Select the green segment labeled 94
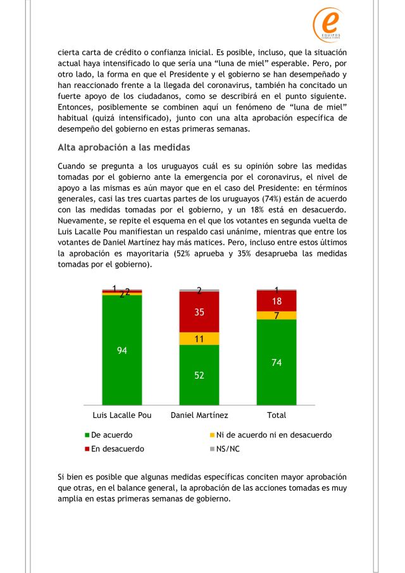click(122, 349)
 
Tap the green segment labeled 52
click(199, 374)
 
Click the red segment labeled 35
click(199, 312)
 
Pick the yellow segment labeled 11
click(199, 339)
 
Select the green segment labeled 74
click(277, 362)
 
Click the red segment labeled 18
click(277, 301)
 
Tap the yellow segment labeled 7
click(277, 315)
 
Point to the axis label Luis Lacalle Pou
click(122, 415)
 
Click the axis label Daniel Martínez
click(199, 415)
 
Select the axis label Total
click(277, 415)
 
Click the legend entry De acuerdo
click(111, 436)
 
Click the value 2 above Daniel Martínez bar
click(199, 291)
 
